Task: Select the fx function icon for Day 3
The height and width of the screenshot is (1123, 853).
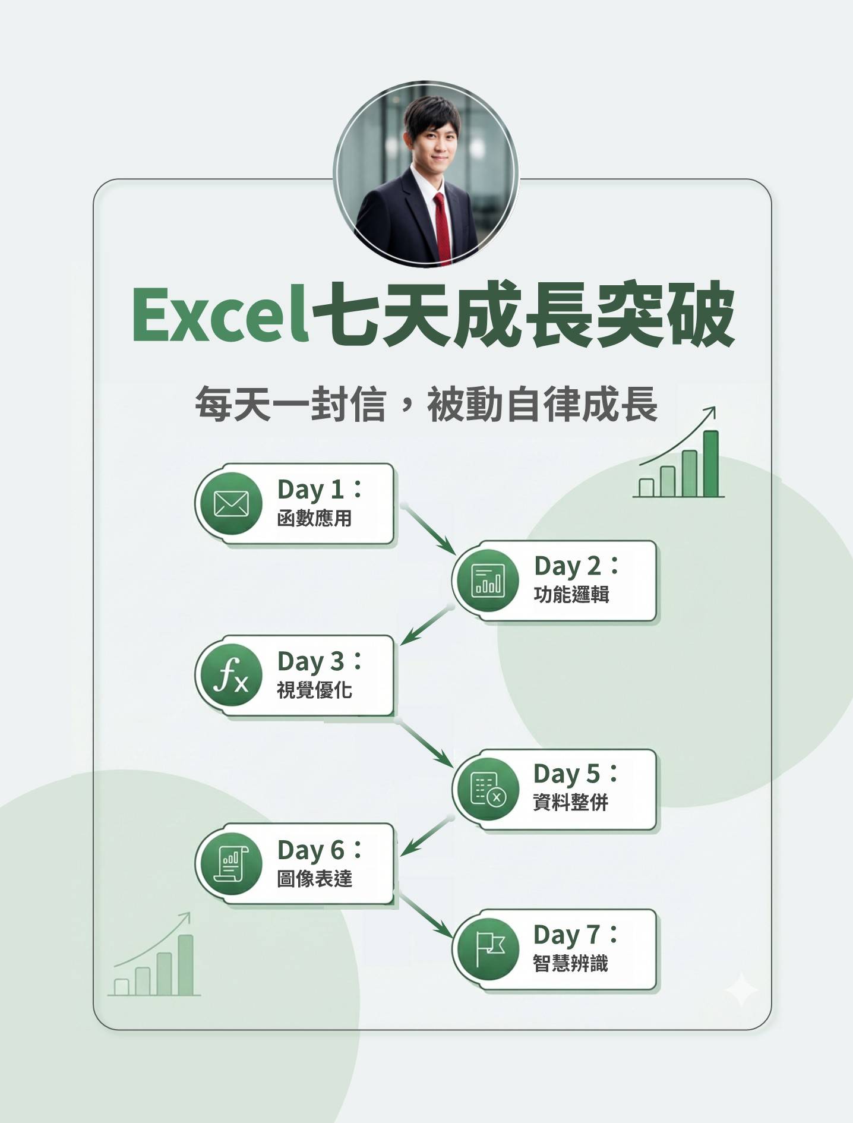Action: click(231, 676)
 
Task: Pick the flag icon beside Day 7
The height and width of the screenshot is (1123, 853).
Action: click(489, 948)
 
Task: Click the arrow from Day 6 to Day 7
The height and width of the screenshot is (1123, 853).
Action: click(425, 917)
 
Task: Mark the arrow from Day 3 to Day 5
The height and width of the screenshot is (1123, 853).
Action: click(425, 742)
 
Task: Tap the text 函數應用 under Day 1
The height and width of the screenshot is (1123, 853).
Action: click(314, 518)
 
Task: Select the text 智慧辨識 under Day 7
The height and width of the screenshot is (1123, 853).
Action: click(570, 963)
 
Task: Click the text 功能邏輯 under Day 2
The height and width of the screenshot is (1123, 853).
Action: click(571, 594)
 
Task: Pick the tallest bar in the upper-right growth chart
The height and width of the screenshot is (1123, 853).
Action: click(710, 463)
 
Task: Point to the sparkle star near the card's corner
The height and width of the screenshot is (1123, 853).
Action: click(741, 989)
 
